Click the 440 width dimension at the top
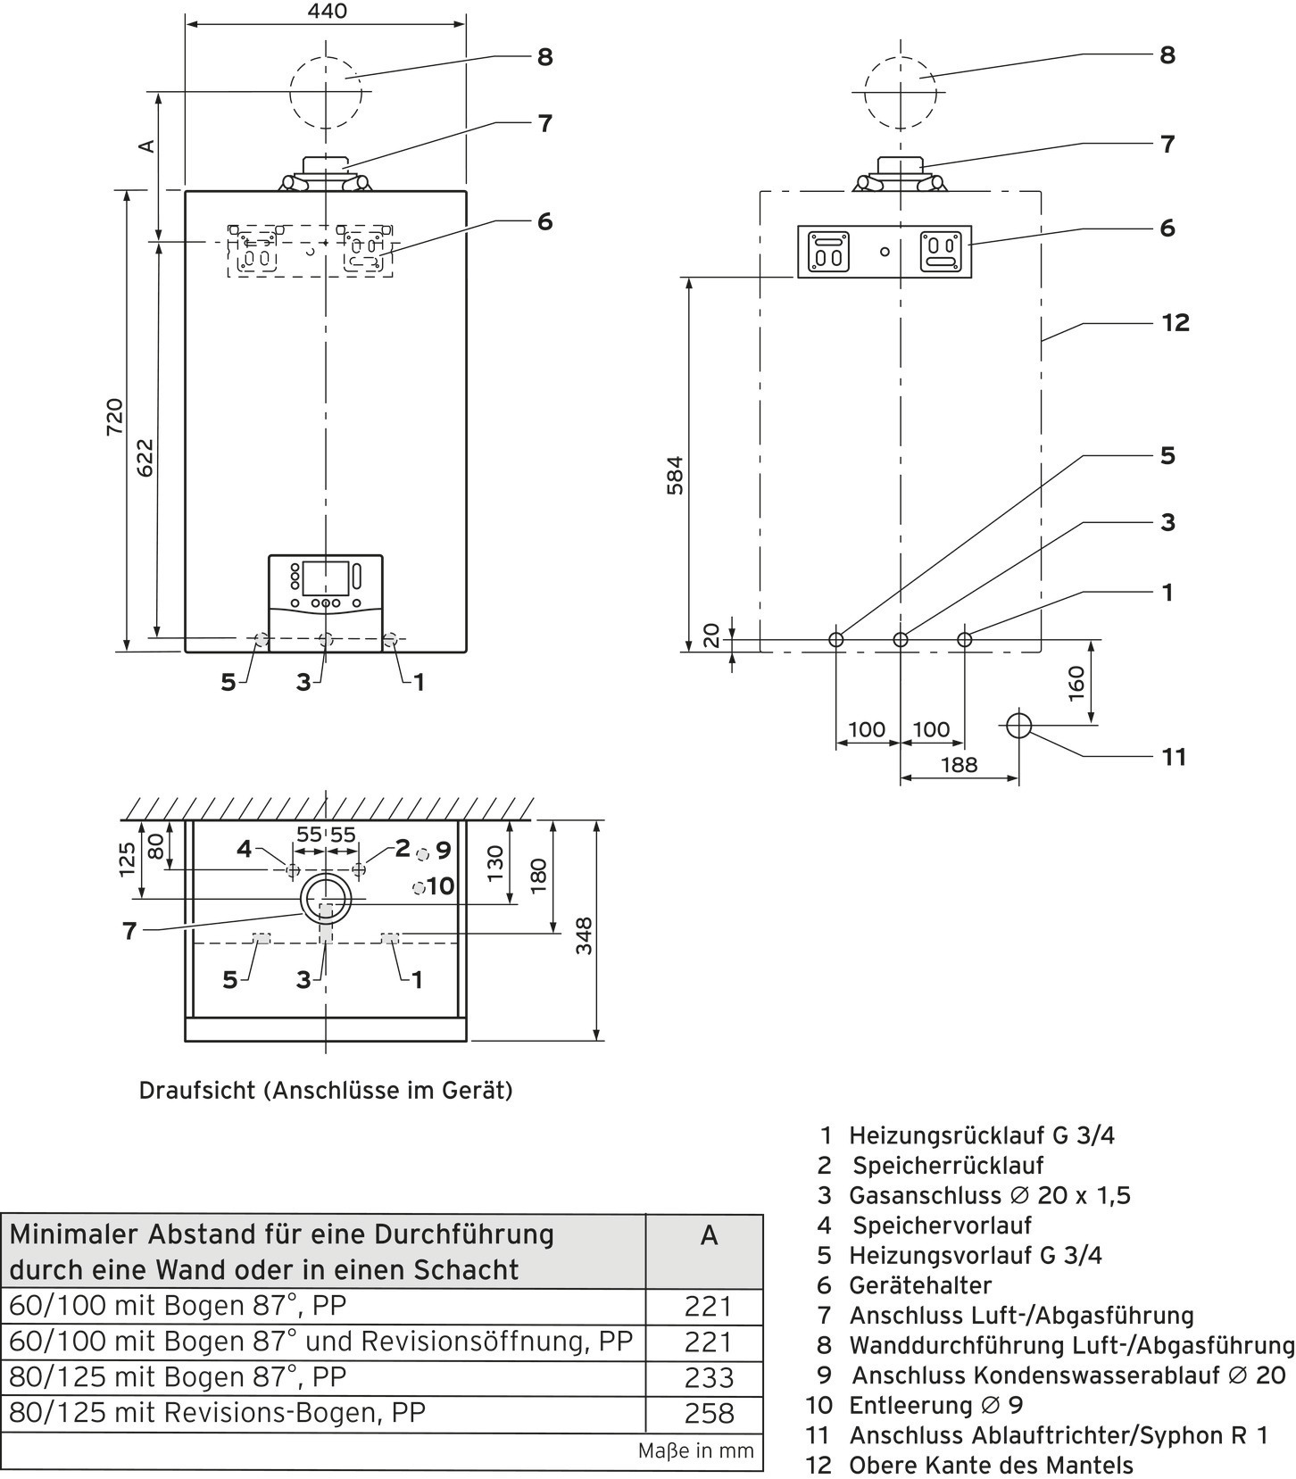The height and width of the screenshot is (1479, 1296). pyautogui.click(x=327, y=12)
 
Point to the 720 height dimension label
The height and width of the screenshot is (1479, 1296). pyautogui.click(x=115, y=417)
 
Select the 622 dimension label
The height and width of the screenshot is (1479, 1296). pyautogui.click(x=145, y=457)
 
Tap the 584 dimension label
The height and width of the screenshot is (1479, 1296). pyautogui.click(x=675, y=475)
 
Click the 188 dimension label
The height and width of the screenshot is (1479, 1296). pyautogui.click(x=959, y=765)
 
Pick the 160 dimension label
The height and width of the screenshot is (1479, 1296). pyautogui.click(x=1076, y=684)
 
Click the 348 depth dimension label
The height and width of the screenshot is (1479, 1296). pyautogui.click(x=584, y=935)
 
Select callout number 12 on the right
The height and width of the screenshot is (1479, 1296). pyautogui.click(x=1176, y=322)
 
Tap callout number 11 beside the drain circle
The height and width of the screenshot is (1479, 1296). pyautogui.click(x=1174, y=757)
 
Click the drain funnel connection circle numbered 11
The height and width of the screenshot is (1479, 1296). pyautogui.click(x=1019, y=726)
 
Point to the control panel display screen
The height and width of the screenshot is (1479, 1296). pyautogui.click(x=326, y=578)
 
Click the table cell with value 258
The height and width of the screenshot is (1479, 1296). pyautogui.click(x=709, y=1413)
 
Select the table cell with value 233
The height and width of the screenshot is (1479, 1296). pyautogui.click(x=709, y=1377)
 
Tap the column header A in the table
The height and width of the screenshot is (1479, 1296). pyautogui.click(x=709, y=1235)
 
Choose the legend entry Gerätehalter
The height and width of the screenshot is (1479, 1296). pyautogui.click(x=920, y=1285)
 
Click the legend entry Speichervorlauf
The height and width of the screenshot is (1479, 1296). pyautogui.click(x=942, y=1226)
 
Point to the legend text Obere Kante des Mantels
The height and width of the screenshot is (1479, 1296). pyautogui.click(x=991, y=1466)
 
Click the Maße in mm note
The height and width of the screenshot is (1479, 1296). pyautogui.click(x=696, y=1451)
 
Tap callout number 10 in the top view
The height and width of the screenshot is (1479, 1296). pyautogui.click(x=441, y=886)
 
